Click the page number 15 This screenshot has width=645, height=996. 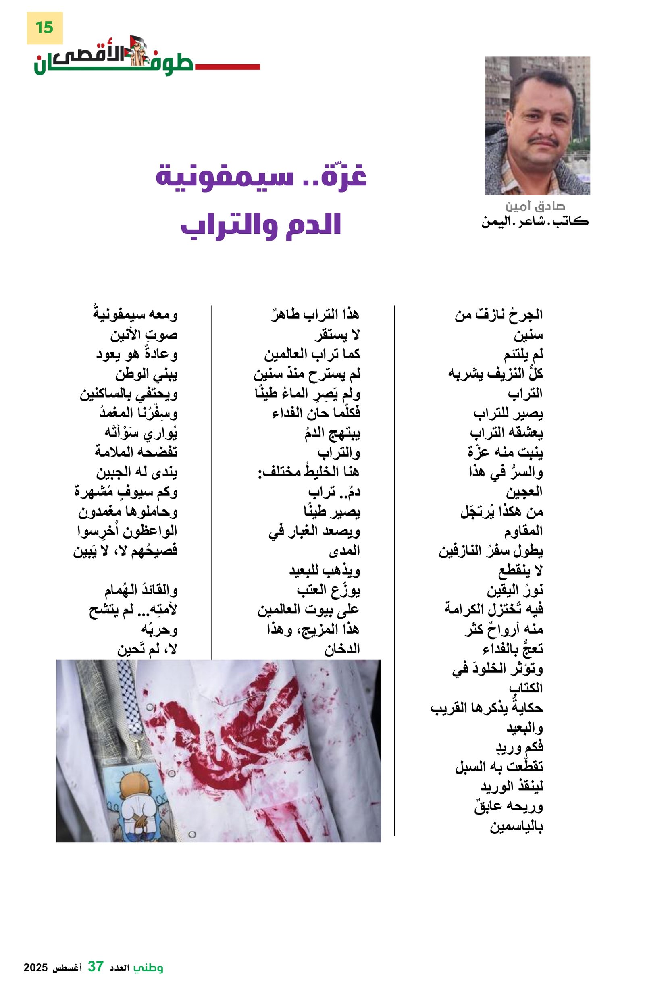[44, 28]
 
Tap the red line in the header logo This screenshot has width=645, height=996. [226, 67]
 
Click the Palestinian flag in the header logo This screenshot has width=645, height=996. [138, 42]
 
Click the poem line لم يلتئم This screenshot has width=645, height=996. [523, 355]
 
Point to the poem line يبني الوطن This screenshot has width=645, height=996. [146, 374]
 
